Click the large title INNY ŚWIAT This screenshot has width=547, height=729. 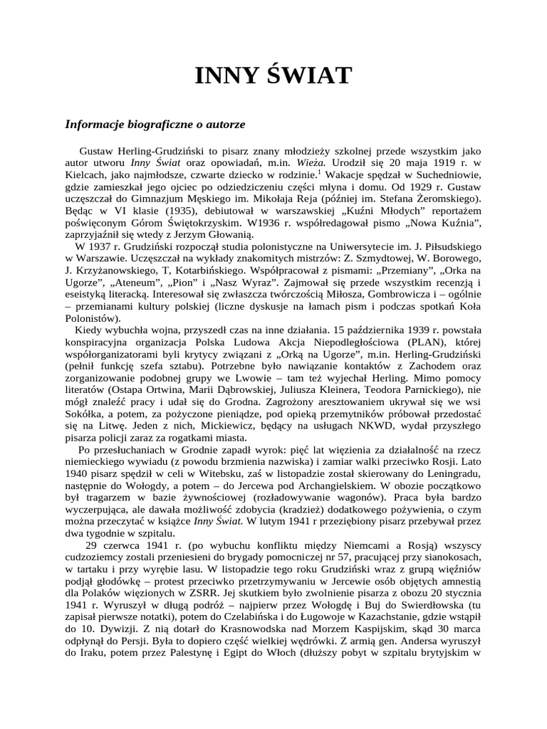[273, 75]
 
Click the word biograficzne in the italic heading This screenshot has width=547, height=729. [153, 124]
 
